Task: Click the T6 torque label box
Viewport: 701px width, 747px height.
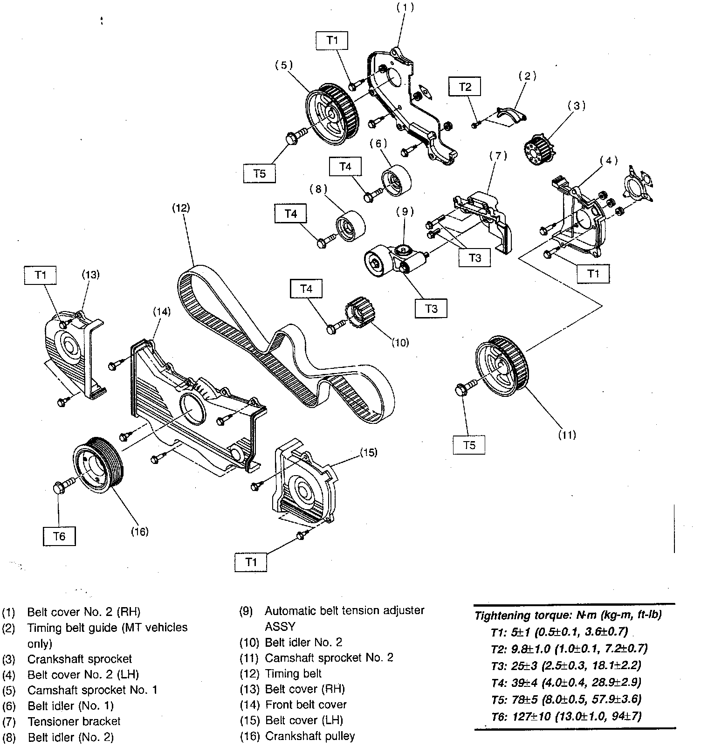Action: point(59,536)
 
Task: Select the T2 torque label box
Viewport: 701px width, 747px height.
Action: point(465,87)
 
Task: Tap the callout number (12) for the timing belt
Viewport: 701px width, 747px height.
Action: point(181,207)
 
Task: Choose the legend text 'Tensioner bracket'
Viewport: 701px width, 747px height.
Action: point(74,721)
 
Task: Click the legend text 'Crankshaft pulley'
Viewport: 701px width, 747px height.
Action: point(310,736)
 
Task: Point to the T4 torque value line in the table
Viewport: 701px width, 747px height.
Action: point(566,683)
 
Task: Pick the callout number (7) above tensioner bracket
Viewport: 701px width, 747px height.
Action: point(498,156)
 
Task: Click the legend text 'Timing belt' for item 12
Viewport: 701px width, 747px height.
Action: point(293,673)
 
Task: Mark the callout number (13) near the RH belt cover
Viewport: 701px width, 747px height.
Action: point(91,274)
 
